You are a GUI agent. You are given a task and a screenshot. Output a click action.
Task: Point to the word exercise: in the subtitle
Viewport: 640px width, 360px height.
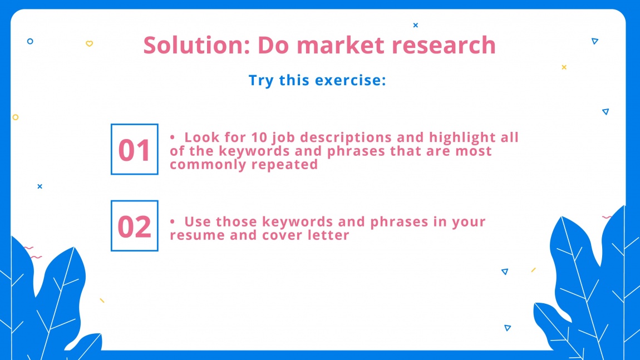coord(351,80)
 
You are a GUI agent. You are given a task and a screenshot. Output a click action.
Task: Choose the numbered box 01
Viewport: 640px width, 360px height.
coord(135,150)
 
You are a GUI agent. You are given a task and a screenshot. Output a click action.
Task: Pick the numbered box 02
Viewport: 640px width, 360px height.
coord(135,226)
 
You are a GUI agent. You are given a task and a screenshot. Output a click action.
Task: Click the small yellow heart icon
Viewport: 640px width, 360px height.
coord(89,44)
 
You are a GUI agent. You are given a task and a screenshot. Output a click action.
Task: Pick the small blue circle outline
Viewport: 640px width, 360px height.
coord(30,41)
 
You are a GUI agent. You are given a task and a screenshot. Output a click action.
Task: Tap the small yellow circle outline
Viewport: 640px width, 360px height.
coord(16,117)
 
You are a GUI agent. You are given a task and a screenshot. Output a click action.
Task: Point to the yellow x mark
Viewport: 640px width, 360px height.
coord(564,67)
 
